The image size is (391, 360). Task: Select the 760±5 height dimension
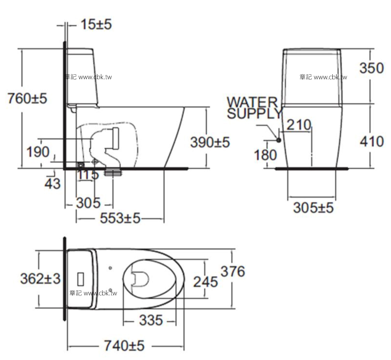pos(27,98)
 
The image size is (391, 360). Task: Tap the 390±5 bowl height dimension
pos(209,142)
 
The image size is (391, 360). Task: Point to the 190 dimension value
pos(37,152)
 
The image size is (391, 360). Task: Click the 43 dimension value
pos(52,183)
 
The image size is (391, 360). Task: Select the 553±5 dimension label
pos(120,219)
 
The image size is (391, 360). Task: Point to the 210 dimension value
pos(298,125)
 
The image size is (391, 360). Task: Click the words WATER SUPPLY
pos(254,108)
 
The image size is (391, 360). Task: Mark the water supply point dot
pos(279,140)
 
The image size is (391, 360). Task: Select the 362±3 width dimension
pos(40,278)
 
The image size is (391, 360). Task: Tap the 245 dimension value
pos(206,281)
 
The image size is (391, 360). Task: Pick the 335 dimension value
pos(150,321)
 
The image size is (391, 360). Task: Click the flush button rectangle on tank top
pos(81,279)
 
